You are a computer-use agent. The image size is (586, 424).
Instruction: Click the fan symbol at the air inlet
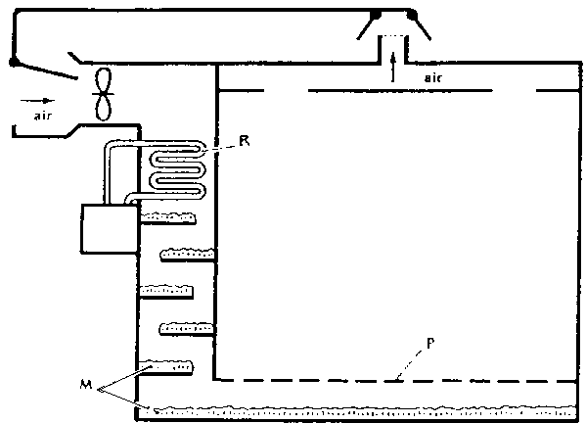[104, 94]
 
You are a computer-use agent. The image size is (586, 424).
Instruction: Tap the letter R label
[244, 141]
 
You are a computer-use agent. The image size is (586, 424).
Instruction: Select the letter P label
[430, 344]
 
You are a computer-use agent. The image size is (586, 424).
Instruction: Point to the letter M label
[86, 384]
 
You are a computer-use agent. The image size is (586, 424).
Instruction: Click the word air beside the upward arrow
[433, 77]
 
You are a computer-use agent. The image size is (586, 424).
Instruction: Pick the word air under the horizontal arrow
[43, 116]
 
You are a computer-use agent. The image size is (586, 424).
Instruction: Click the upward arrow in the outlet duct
[392, 68]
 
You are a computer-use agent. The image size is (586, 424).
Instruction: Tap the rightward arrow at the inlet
[37, 101]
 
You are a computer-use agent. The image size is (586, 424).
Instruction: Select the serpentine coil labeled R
[177, 169]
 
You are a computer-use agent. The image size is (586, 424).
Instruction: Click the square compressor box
[110, 229]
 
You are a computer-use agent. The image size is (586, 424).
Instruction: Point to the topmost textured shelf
[168, 218]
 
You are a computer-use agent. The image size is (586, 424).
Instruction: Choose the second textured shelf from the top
[188, 255]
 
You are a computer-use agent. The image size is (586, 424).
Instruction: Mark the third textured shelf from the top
[166, 292]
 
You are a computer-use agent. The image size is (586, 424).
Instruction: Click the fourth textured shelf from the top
[187, 329]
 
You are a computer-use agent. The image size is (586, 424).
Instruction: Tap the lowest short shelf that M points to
[166, 367]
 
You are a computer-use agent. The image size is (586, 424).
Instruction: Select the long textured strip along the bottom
[357, 411]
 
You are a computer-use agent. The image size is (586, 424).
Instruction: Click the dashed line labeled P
[396, 381]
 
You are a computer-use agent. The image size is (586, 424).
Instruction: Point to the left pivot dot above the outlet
[376, 15]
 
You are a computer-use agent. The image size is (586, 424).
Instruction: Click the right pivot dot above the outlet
[412, 15]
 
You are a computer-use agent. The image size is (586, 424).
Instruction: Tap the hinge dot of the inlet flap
[14, 62]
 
